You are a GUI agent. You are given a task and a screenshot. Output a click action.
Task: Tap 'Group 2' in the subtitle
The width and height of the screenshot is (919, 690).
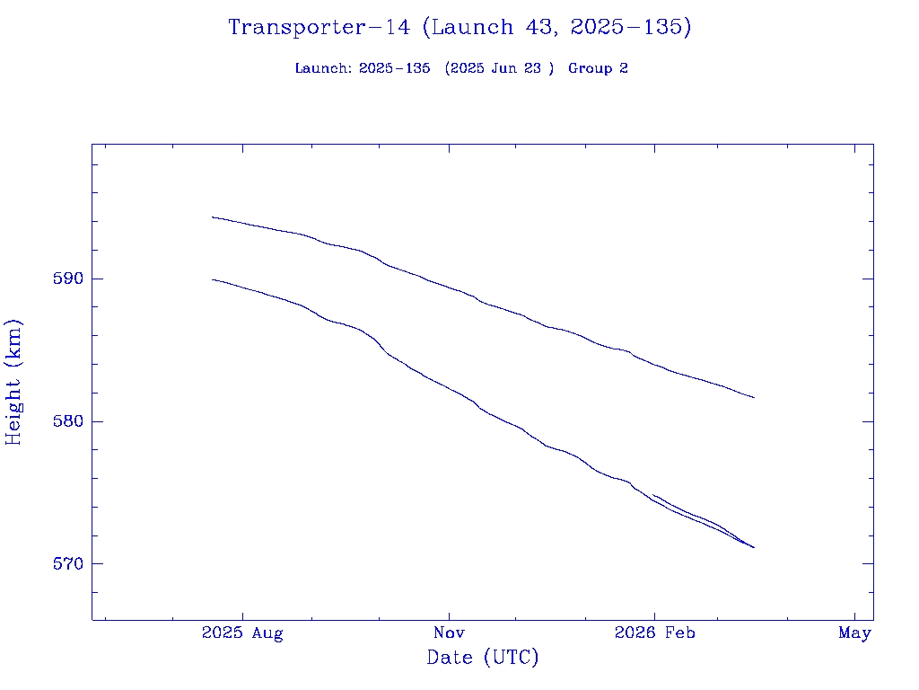point(598,69)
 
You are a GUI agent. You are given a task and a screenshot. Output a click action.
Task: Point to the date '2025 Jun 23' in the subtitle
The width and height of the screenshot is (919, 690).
point(499,69)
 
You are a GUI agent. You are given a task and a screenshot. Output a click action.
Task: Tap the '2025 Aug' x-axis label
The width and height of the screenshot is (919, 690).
point(242,633)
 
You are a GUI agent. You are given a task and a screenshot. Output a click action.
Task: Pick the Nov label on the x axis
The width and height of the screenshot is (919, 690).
point(448,633)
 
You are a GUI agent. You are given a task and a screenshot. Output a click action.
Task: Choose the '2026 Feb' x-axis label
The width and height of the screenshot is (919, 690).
point(654,633)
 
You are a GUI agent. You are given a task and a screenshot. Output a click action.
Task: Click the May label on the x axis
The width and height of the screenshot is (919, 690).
point(854,633)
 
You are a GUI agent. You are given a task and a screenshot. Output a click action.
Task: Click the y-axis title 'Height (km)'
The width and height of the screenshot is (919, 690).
point(13,382)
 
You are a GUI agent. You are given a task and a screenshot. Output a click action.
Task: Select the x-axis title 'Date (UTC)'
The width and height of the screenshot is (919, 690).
point(483,659)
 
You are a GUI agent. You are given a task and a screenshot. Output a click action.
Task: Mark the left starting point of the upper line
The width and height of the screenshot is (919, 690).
point(213,217)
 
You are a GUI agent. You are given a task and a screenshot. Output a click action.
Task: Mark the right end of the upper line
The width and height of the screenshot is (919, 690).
point(754,397)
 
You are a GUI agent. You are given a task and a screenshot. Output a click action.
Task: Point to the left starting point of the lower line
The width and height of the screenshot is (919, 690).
point(213,279)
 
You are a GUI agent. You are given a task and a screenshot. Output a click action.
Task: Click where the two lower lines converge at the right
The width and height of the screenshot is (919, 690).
point(753,547)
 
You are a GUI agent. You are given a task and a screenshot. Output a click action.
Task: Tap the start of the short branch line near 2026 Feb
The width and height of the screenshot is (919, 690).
point(653,495)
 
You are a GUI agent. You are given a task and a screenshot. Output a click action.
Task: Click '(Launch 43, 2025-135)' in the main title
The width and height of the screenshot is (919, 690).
point(556,28)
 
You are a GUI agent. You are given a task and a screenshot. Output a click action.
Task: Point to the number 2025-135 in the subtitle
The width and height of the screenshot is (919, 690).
point(394,69)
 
